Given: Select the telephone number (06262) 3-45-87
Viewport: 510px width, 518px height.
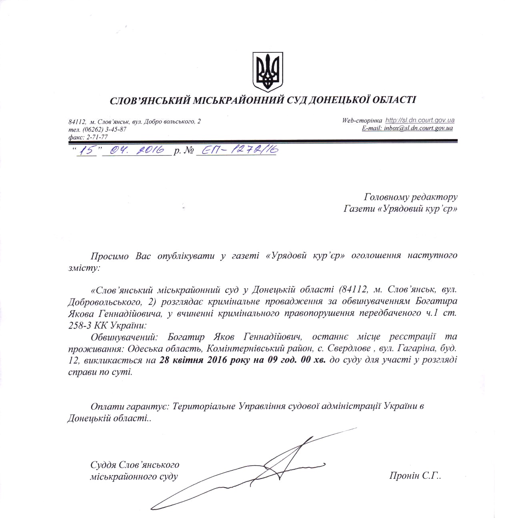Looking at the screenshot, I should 104,129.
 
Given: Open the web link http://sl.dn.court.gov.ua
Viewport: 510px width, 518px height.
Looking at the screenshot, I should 420,120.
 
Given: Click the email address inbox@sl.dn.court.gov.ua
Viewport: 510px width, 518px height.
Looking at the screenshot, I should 418,128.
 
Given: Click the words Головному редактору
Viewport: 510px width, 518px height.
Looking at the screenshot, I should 410,197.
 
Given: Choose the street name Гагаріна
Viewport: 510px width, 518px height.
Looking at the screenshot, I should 414,349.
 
